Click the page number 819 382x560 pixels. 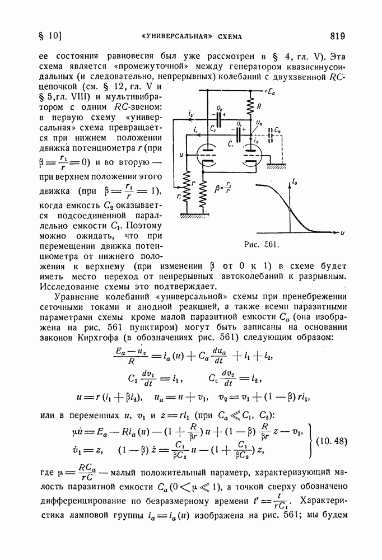pos(337,36)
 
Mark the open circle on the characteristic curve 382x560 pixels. pos(289,209)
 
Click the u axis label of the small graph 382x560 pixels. pos(342,231)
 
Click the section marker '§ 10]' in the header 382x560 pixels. pos(46,37)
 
